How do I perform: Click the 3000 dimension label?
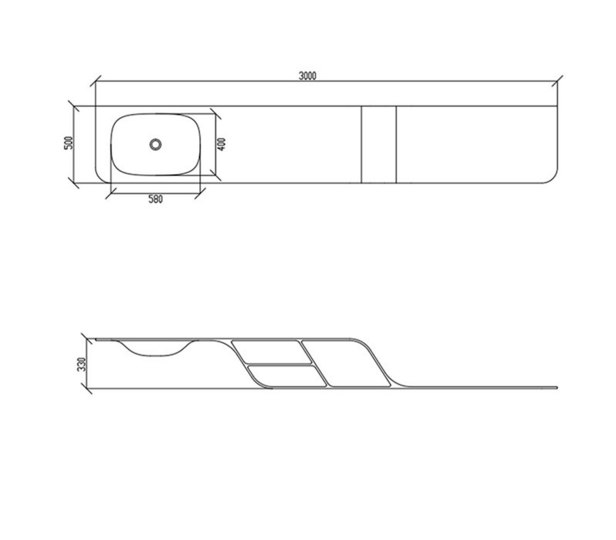click(307, 76)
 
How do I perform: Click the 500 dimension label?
click(69, 143)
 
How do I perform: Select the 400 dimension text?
click(222, 145)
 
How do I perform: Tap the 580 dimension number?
click(155, 199)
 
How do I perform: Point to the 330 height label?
click(82, 364)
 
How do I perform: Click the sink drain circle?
click(155, 145)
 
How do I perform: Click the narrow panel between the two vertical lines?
click(379, 145)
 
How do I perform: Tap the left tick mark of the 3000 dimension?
click(95, 81)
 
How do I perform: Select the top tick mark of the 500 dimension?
click(74, 106)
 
